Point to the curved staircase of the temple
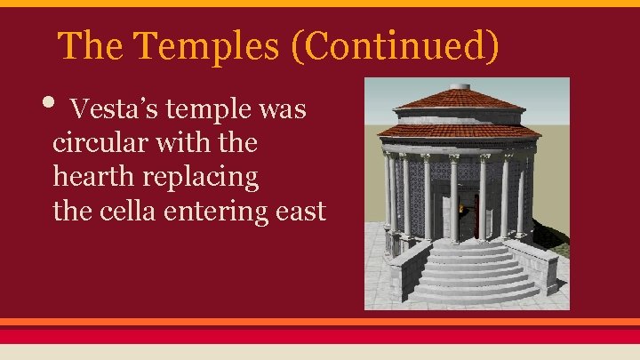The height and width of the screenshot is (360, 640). coord(476,271)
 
